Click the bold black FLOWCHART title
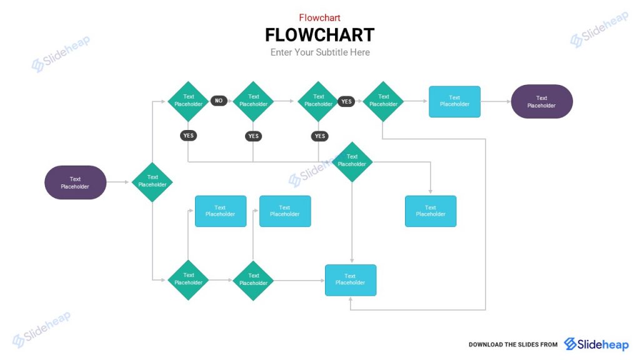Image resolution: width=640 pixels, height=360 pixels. (319, 34)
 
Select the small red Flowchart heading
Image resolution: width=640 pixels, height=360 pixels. (319, 17)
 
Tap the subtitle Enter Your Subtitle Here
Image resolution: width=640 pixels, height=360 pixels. (320, 52)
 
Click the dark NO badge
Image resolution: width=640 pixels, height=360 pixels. (219, 101)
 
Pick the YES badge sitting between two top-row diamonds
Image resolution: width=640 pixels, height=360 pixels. (346, 101)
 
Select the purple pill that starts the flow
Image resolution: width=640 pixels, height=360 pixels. (75, 182)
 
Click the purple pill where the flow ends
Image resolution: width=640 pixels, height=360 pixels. (541, 101)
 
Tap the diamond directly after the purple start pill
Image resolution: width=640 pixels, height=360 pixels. (152, 182)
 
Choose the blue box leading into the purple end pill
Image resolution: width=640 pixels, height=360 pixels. (454, 101)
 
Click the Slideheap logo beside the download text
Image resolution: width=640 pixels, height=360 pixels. (596, 344)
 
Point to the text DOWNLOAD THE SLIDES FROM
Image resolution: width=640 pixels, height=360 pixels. (512, 345)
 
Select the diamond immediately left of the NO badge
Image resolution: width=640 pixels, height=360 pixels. (188, 101)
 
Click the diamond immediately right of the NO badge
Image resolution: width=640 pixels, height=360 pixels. (253, 101)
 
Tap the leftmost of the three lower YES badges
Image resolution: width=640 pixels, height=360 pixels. (188, 136)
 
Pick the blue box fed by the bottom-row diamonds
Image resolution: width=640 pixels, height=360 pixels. (350, 280)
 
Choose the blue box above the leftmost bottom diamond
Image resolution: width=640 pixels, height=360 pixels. (220, 211)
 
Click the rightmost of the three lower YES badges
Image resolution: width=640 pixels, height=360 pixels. (320, 136)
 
